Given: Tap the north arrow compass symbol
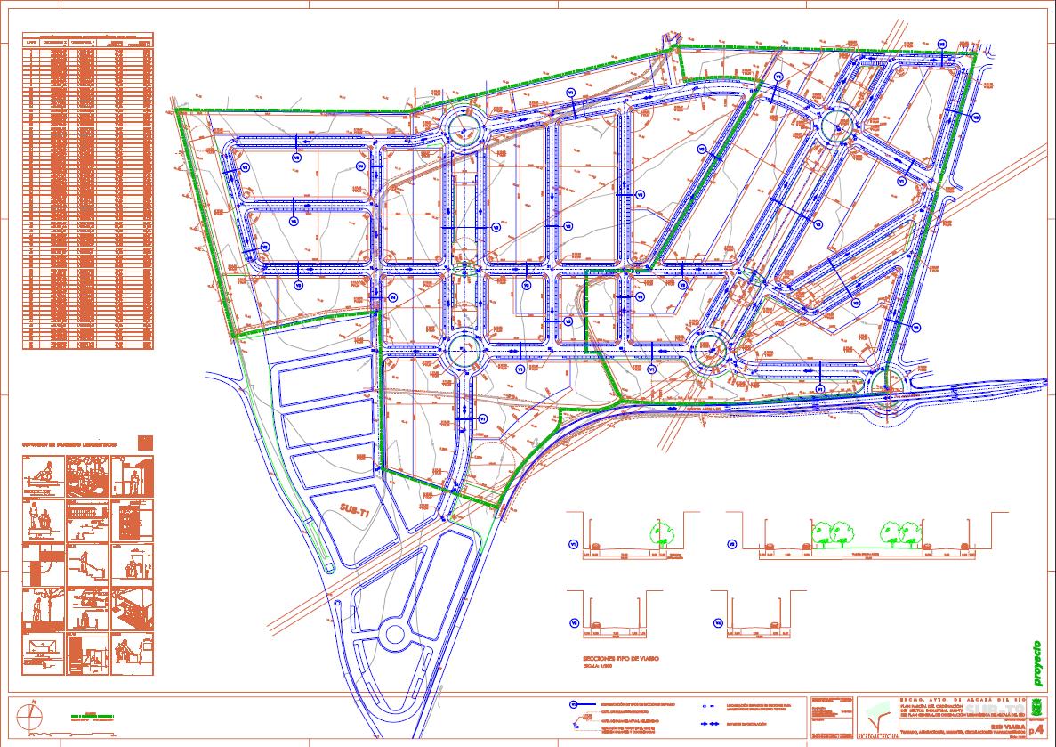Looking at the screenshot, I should (33, 714).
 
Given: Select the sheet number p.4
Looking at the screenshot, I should (1036, 729).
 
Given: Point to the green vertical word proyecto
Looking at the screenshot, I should (1037, 663).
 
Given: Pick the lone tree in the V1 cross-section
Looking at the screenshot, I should (659, 534).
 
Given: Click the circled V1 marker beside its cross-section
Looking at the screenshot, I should (574, 544).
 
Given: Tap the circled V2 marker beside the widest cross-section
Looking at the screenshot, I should (731, 544).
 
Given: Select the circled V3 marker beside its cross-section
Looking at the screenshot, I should (574, 622).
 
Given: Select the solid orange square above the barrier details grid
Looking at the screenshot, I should (146, 443).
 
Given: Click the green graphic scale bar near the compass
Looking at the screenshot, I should (93, 716).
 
